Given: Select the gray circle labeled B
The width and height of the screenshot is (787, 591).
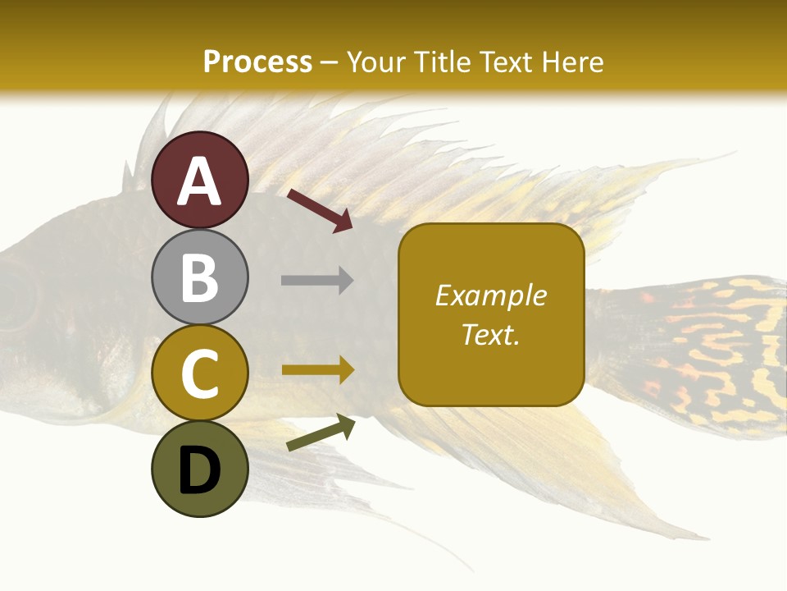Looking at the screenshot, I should [x=200, y=277].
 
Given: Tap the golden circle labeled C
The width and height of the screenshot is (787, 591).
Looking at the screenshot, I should [x=200, y=373].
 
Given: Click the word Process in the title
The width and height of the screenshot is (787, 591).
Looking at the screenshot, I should [x=257, y=62].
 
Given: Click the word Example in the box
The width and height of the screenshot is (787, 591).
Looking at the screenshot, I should [x=490, y=295].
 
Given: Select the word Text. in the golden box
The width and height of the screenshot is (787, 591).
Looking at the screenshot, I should [x=490, y=335].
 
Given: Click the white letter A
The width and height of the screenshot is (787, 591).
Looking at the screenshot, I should [x=200, y=181].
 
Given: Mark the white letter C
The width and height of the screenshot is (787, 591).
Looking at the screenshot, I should [x=200, y=374].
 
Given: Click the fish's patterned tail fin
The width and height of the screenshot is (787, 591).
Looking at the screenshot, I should [x=705, y=353].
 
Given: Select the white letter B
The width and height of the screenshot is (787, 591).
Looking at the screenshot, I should [x=200, y=277].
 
